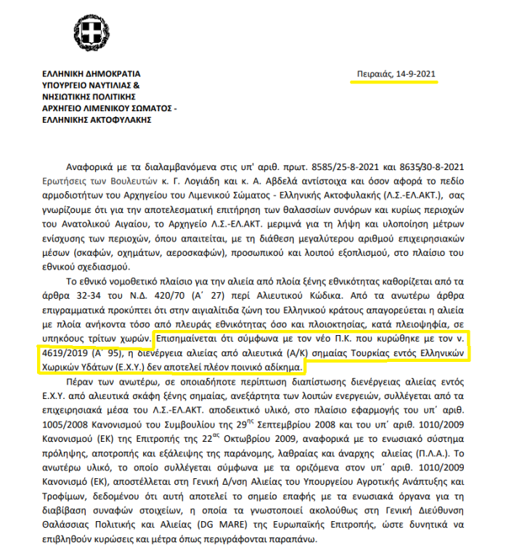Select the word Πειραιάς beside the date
[x=372, y=74]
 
